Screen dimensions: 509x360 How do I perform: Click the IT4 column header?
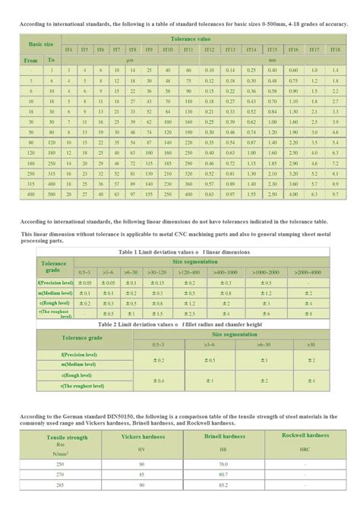pos(68,49)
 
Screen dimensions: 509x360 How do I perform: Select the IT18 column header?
pos(334,49)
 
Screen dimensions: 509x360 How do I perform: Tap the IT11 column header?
pos(188,49)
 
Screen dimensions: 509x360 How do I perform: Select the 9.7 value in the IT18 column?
pos(334,195)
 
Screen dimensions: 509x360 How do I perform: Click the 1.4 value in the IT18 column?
pos(334,69)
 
